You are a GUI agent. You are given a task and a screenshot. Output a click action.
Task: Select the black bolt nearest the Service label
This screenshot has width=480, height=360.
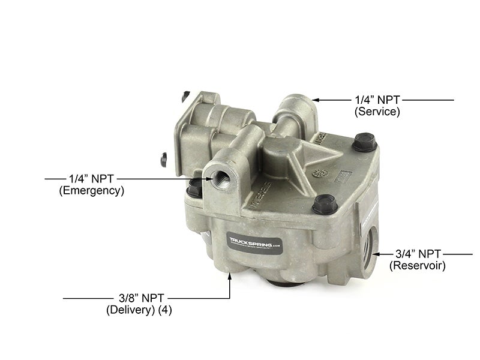click(x=362, y=143)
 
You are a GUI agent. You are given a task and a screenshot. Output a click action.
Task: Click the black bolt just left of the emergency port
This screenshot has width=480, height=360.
click(x=194, y=189)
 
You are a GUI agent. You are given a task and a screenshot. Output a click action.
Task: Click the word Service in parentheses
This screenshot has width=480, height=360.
click(x=377, y=111)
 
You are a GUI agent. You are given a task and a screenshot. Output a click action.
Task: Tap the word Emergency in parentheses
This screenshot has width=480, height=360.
click(x=92, y=191)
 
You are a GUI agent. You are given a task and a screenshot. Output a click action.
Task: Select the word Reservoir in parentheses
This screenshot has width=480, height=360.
click(x=418, y=265)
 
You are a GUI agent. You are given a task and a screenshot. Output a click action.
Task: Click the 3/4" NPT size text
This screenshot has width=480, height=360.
click(x=418, y=253)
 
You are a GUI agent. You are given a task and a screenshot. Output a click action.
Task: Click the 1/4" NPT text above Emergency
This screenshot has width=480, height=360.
click(x=91, y=178)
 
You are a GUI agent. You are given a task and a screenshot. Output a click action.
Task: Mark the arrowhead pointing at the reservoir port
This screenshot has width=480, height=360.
click(x=374, y=253)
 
